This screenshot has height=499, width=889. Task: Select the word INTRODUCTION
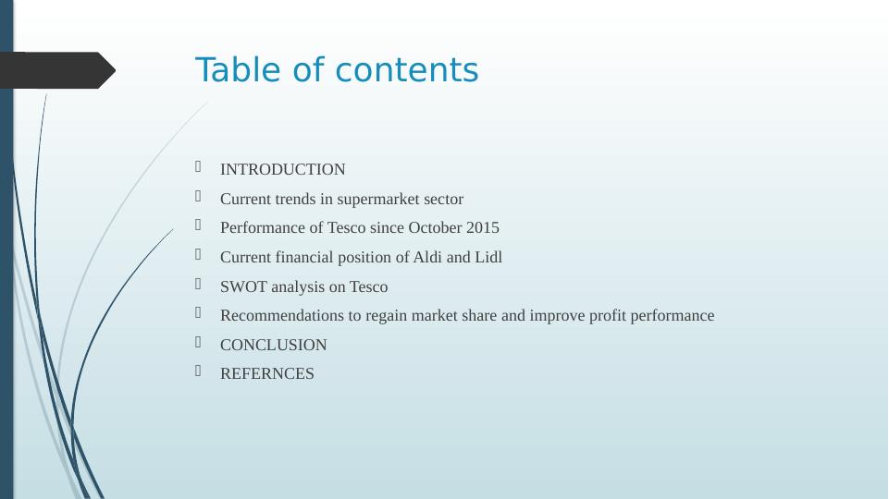point(282,170)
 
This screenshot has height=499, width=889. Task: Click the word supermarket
point(376,200)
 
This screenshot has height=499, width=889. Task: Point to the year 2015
point(483,228)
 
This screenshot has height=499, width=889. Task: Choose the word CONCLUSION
point(273,346)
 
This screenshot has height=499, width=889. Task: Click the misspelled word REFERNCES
point(266,374)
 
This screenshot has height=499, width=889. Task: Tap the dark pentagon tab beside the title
point(56,70)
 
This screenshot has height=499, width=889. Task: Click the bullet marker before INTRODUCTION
point(199,167)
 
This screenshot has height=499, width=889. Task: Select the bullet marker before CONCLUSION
point(199,343)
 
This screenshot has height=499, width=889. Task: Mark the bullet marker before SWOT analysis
point(199,285)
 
